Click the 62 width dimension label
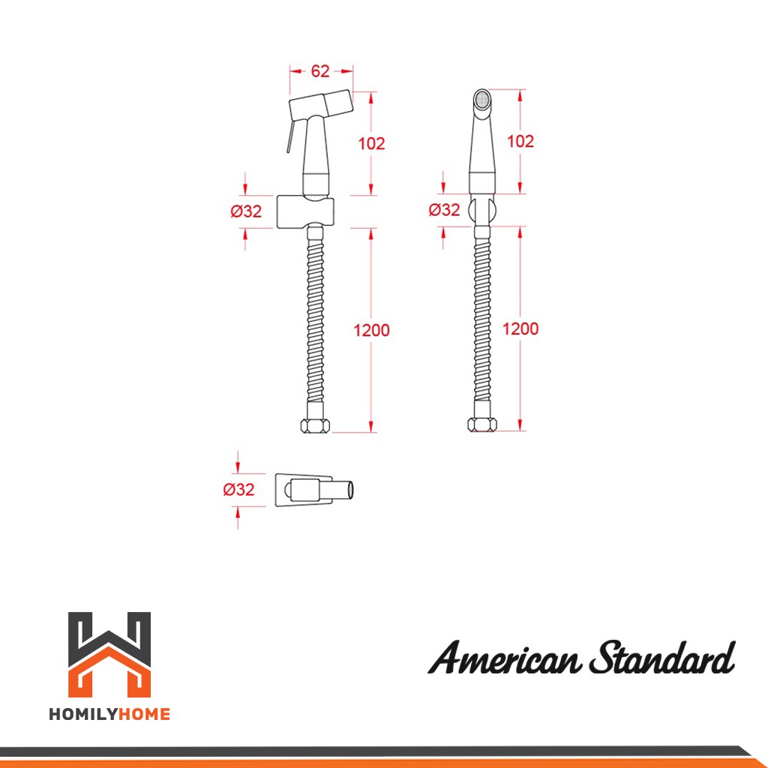[x=320, y=71]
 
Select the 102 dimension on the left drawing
[x=371, y=143]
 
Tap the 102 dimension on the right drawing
[x=520, y=141]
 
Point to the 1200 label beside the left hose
[x=372, y=330]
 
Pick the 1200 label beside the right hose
[x=520, y=328]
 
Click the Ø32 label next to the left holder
[x=246, y=211]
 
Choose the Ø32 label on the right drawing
[x=444, y=210]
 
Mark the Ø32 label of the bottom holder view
[x=238, y=489]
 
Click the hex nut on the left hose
[x=315, y=426]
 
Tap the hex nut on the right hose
[x=482, y=424]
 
